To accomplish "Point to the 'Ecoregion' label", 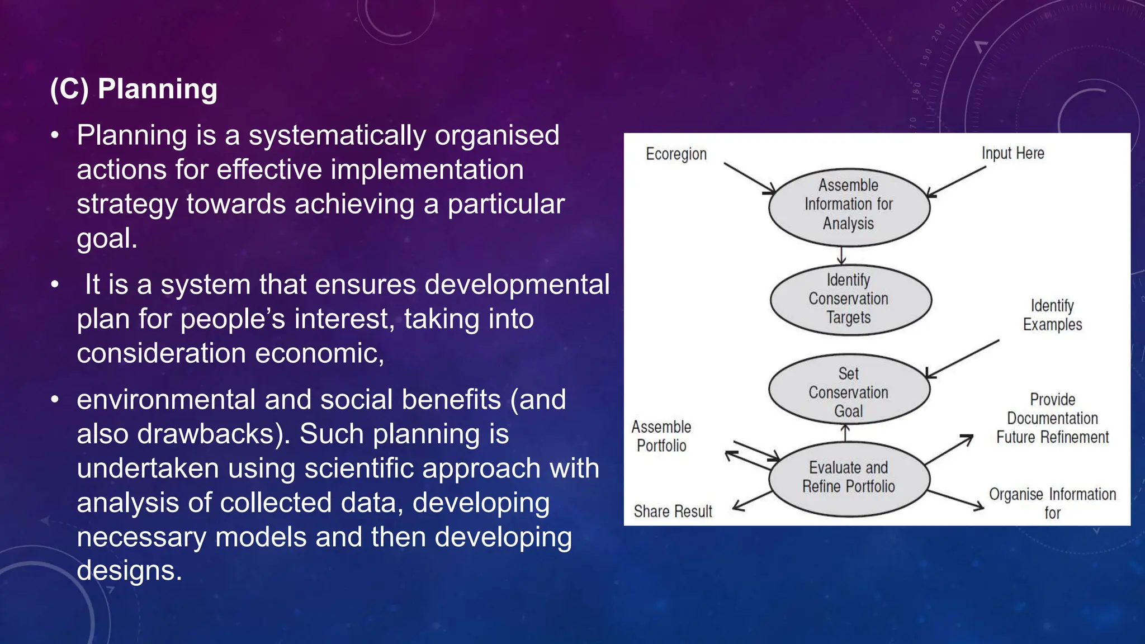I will [x=676, y=154].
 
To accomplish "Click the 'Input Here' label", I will [x=1012, y=153].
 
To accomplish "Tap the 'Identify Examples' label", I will [x=1052, y=315].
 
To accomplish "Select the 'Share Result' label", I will [x=673, y=511].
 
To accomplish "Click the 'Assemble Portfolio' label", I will [x=661, y=436].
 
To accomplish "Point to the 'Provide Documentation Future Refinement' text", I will [x=1052, y=418].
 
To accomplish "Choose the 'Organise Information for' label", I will [x=1052, y=503].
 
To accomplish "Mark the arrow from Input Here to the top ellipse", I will [x=956, y=181].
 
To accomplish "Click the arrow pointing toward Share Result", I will [x=753, y=500].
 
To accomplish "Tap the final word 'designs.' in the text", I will [x=129, y=571].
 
